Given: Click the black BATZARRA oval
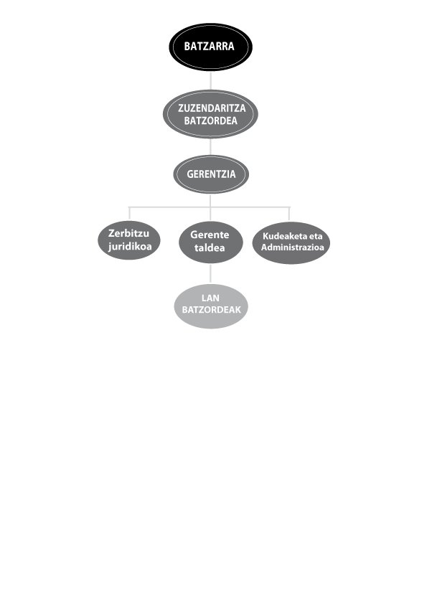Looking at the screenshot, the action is [210, 47].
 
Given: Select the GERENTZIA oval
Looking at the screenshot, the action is [211, 174].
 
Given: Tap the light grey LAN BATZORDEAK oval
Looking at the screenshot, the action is [211, 306].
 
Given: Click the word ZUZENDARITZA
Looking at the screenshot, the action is [212, 108].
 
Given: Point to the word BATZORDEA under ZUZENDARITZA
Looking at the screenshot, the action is [210, 121].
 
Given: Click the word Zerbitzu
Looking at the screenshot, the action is [128, 233].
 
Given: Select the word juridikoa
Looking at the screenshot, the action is [130, 246].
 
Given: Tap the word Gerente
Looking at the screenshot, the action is [210, 235].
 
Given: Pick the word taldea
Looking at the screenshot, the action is [210, 247].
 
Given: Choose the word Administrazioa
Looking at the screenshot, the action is [293, 247].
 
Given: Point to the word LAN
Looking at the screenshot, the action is [210, 298].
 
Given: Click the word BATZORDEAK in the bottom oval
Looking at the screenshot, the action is [211, 310].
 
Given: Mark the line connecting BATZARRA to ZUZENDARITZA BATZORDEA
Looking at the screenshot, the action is [210, 80].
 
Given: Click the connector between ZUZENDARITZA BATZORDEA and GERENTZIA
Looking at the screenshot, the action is [210, 147].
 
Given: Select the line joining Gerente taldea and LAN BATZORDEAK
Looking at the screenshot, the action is [210, 274].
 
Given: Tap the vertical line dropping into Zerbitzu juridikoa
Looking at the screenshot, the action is [129, 214].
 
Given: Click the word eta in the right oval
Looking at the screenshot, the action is [316, 236].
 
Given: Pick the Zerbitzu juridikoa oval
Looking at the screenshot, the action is [129, 240].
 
